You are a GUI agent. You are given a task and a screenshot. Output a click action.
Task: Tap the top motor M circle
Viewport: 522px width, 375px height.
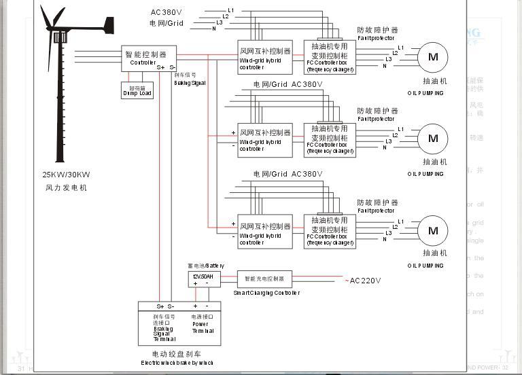point(433,57)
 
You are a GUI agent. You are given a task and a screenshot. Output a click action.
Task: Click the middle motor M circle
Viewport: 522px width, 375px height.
point(433,139)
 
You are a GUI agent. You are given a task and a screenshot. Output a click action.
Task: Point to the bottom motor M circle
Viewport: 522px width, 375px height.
point(433,231)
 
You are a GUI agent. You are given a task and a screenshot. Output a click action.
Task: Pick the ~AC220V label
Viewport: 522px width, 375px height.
point(363,281)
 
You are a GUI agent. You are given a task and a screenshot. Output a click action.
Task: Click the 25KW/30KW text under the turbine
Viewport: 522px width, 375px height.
point(66,175)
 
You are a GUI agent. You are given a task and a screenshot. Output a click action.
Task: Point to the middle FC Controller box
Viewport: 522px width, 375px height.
point(330,139)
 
